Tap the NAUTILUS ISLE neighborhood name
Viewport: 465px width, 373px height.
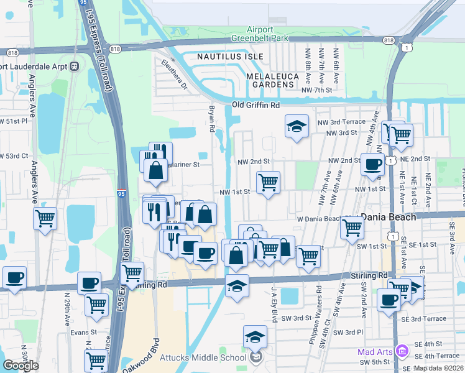coord(230,57)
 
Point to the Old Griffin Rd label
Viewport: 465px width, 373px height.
coord(256,105)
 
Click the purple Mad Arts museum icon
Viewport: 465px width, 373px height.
coord(401,352)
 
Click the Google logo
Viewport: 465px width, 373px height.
coord(21,365)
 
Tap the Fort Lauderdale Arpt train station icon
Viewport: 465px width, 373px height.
coord(74,67)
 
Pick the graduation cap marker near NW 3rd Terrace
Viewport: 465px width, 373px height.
coord(297,126)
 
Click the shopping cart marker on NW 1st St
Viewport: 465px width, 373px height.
coord(268,183)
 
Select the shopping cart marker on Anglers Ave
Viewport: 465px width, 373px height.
coord(45,219)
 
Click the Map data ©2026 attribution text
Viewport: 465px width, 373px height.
coord(438,368)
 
